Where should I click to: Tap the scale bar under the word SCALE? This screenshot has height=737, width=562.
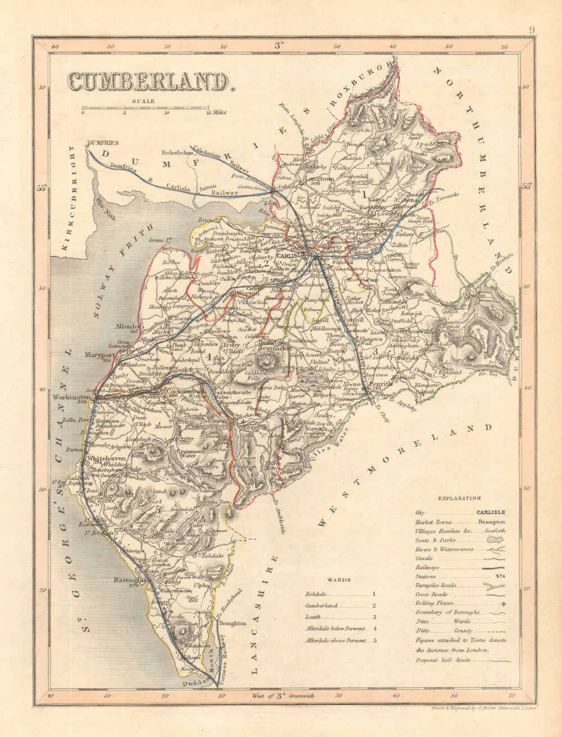point(146,108)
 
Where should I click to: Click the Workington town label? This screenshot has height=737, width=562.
point(71,396)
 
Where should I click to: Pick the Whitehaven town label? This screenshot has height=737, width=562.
point(102,458)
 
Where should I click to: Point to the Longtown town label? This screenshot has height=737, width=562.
point(319,179)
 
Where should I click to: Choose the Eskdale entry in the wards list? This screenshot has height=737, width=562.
point(315,594)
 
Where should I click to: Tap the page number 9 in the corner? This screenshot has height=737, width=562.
point(532,31)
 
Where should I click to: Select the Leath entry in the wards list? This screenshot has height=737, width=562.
point(313,617)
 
